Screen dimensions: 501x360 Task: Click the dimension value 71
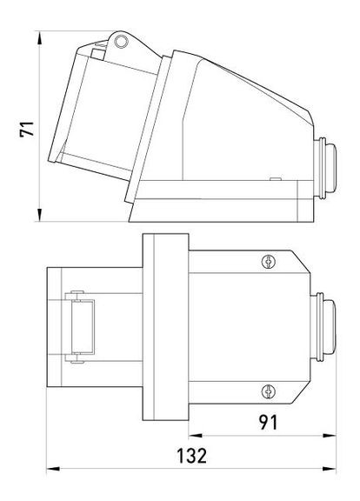coord(27,128)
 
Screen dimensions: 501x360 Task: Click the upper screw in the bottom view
coord(269,260)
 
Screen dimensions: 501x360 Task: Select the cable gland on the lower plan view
coord(328,326)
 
